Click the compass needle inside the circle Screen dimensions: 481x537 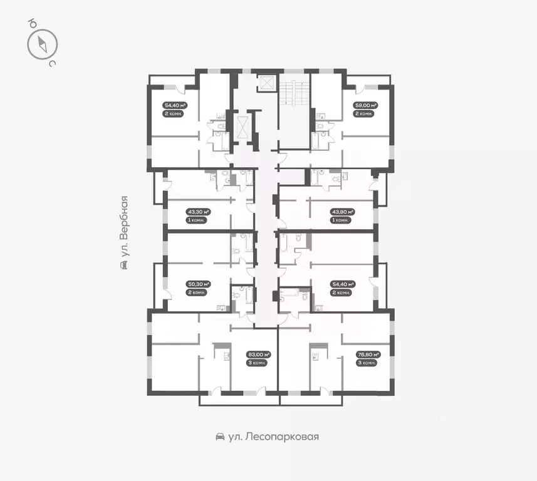click(x=43, y=44)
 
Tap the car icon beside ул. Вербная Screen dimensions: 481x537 click(x=125, y=266)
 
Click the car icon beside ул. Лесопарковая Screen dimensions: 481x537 click(x=220, y=437)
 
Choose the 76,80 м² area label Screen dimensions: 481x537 click(x=366, y=354)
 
